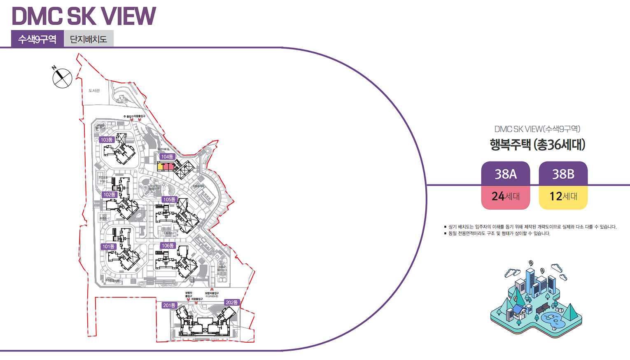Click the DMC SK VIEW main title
tap(84, 16)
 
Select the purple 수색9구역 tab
tap(37, 39)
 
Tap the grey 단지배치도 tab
tap(89, 39)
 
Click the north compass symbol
tap(62, 77)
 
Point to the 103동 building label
tap(107, 140)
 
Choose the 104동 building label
tap(167, 157)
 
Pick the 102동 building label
tap(110, 194)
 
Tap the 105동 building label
tap(169, 199)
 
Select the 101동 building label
tap(109, 246)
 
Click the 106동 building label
tap(168, 245)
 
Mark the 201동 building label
tap(169, 305)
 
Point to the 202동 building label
tap(232, 302)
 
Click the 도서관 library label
tap(94, 91)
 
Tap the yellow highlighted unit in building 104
tap(161, 167)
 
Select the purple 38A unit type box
tap(506, 174)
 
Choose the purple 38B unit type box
tap(563, 174)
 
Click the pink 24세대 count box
tap(506, 197)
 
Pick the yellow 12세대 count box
tap(563, 197)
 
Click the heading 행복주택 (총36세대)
tap(537, 145)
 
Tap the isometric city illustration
tap(537, 294)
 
